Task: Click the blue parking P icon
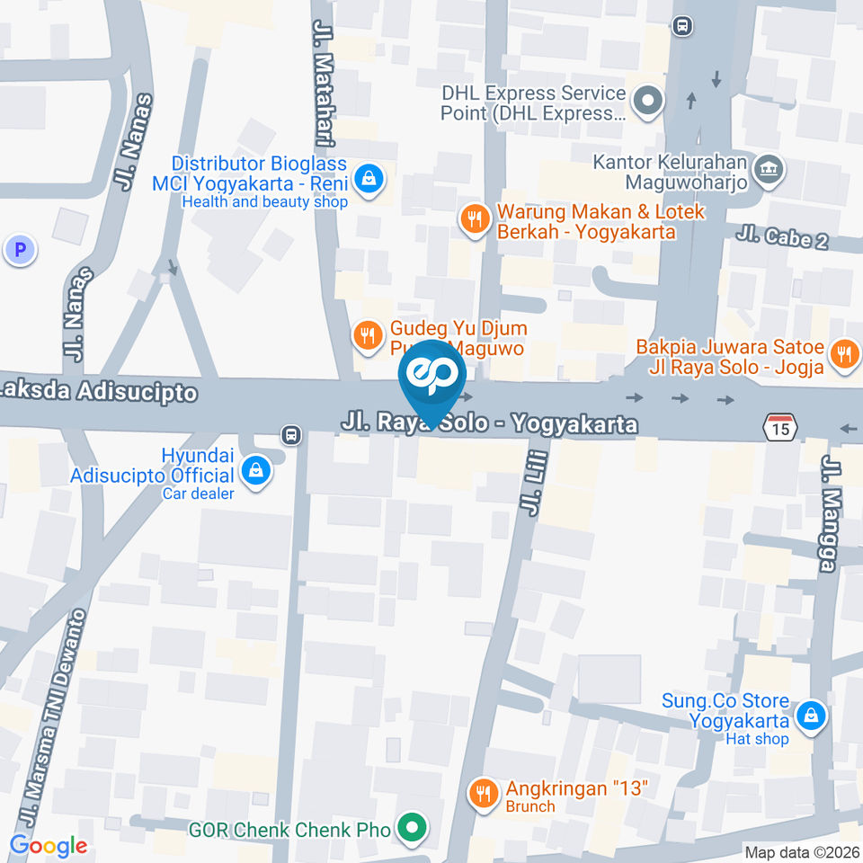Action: (x=20, y=250)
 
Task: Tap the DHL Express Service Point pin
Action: (x=646, y=102)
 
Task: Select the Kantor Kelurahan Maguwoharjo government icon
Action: (x=769, y=167)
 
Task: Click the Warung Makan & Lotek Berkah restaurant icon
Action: (x=474, y=218)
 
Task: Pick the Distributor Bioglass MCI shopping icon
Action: (x=369, y=179)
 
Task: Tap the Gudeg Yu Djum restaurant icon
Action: (x=366, y=336)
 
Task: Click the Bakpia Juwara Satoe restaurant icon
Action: (x=843, y=353)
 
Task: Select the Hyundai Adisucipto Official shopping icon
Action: (x=256, y=468)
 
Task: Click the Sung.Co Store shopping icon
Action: (x=811, y=716)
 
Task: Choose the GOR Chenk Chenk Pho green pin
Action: (x=412, y=829)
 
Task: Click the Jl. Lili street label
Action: (x=531, y=486)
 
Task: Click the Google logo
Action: (x=48, y=846)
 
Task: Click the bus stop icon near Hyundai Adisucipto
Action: (x=290, y=435)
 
